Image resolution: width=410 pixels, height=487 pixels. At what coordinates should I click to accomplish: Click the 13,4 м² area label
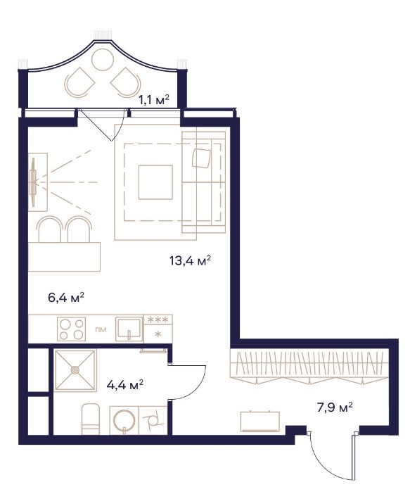(x=191, y=260)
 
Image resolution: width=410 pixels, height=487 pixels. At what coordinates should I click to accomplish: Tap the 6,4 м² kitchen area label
(x=66, y=298)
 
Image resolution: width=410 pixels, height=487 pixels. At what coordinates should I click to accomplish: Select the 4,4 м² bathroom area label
(x=124, y=385)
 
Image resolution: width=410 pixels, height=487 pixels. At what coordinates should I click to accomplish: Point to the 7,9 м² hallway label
(x=335, y=407)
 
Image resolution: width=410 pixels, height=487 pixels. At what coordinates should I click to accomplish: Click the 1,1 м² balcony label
(x=153, y=100)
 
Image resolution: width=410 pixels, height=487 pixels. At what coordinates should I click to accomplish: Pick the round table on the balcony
(x=103, y=60)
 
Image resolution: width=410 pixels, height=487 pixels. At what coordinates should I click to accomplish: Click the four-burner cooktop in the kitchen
(x=72, y=329)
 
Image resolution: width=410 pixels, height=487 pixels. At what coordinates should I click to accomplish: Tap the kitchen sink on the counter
(x=129, y=329)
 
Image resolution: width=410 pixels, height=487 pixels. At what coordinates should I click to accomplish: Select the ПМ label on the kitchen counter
(x=101, y=329)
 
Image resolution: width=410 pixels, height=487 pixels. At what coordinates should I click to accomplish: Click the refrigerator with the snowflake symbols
(x=158, y=329)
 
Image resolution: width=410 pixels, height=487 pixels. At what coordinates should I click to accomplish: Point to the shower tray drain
(x=75, y=370)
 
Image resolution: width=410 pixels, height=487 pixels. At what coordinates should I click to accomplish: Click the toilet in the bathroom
(x=91, y=419)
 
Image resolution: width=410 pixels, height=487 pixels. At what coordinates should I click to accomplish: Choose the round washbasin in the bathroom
(x=124, y=421)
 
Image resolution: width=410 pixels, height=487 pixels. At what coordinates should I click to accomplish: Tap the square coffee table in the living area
(x=155, y=182)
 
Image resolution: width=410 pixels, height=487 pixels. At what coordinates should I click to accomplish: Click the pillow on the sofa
(x=201, y=158)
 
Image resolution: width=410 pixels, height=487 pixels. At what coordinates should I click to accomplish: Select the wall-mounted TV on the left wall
(x=32, y=182)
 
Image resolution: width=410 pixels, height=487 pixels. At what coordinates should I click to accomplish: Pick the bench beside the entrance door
(x=260, y=422)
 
